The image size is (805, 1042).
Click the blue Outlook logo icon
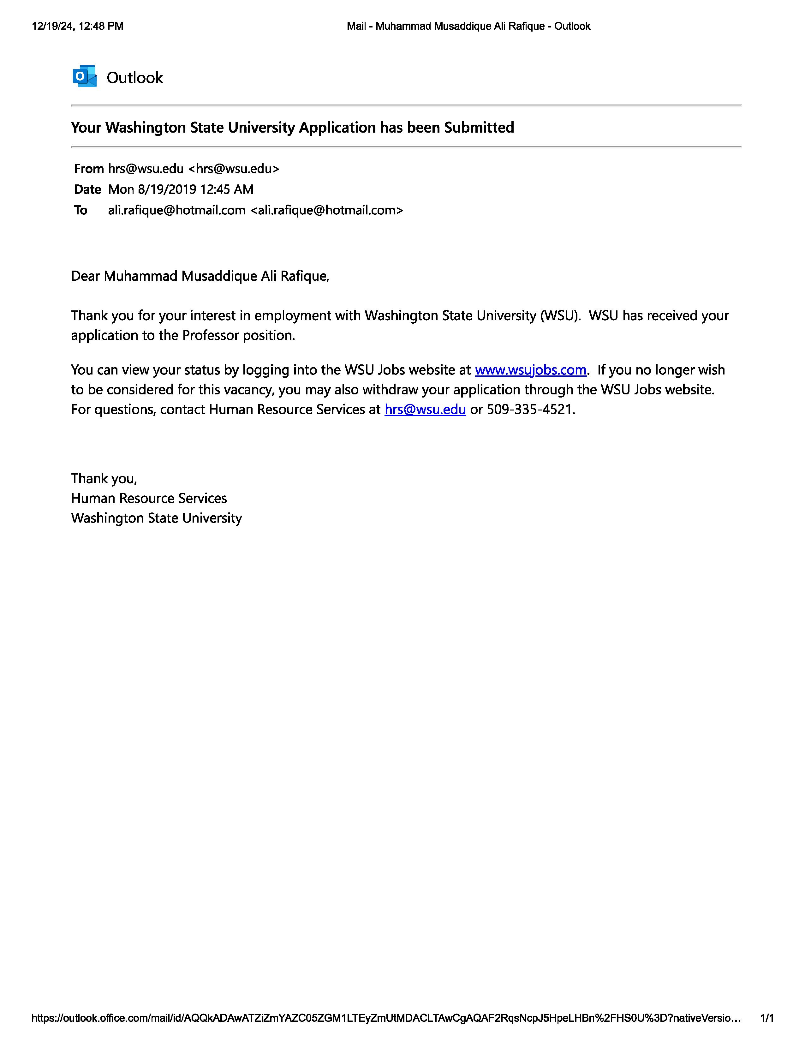[84, 76]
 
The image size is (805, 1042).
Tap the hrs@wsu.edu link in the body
[425, 409]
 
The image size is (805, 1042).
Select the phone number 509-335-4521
[530, 409]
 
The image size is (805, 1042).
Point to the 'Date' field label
[87, 189]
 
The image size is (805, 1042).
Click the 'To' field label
[80, 210]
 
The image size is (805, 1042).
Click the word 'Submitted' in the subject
[479, 127]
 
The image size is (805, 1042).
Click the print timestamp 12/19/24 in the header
[52, 26]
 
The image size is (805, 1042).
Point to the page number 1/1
[766, 1018]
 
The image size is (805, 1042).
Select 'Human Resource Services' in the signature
[149, 498]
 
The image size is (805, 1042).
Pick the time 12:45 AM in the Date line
[227, 189]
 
